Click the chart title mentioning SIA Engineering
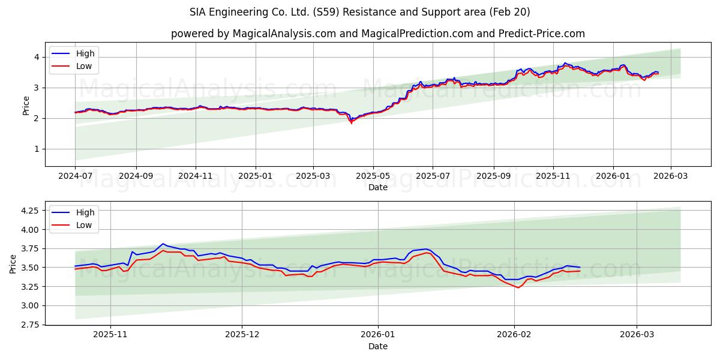tap(360, 12)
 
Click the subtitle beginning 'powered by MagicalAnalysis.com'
tap(378, 34)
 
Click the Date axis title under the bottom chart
tap(378, 346)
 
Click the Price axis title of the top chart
tap(26, 105)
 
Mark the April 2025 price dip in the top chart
tap(351, 122)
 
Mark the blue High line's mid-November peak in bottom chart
tap(163, 244)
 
